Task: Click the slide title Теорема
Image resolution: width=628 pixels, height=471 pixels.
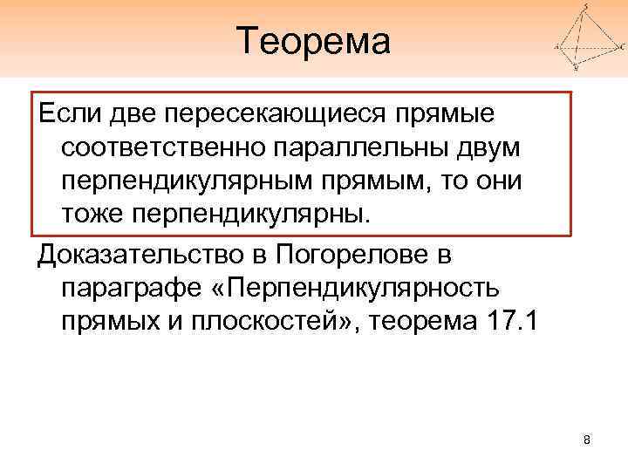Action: [314, 40]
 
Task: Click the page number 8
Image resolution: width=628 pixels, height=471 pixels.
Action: [587, 440]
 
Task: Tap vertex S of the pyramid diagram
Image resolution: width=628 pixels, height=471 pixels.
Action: [585, 7]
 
